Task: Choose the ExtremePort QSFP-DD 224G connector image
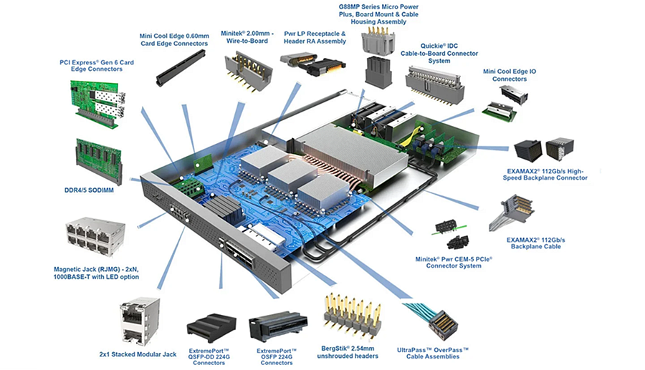tap(209, 328)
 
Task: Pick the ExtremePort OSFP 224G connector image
tap(276, 326)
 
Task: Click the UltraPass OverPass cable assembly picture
tap(436, 317)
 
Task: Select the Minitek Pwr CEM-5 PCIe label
tap(459, 261)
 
